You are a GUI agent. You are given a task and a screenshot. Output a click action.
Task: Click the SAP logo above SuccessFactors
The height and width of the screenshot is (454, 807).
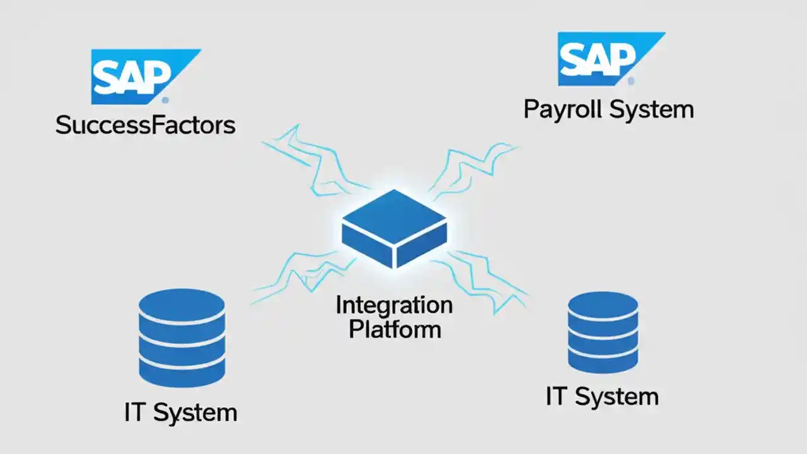(x=139, y=76)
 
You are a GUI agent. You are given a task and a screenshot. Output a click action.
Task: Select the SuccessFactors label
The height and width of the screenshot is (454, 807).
(x=145, y=125)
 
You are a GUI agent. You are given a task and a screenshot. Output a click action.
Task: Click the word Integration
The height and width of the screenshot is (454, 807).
(x=394, y=305)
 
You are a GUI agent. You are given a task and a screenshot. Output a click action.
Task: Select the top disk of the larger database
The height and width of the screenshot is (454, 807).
(x=182, y=306)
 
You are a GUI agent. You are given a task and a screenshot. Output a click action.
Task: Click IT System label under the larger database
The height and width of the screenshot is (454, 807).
(x=181, y=413)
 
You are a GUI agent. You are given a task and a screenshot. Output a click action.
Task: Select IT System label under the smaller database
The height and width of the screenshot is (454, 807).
(x=602, y=397)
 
